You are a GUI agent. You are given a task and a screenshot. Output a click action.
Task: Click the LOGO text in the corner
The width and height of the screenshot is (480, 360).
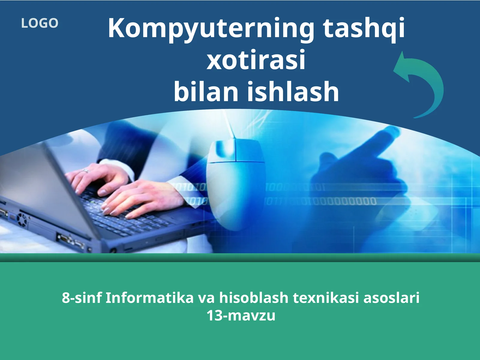[40, 23]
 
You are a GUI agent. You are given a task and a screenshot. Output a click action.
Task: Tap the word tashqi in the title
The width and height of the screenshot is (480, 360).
[364, 28]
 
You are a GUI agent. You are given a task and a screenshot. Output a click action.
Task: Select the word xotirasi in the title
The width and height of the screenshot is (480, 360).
[256, 60]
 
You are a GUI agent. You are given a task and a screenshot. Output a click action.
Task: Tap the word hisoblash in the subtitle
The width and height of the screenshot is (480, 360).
[254, 298]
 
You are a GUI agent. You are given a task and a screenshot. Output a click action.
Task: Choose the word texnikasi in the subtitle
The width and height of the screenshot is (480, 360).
[326, 298]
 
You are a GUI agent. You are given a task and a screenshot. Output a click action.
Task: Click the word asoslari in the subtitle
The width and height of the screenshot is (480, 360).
[391, 298]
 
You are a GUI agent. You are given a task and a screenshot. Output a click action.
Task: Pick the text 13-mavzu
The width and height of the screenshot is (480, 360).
[241, 316]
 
